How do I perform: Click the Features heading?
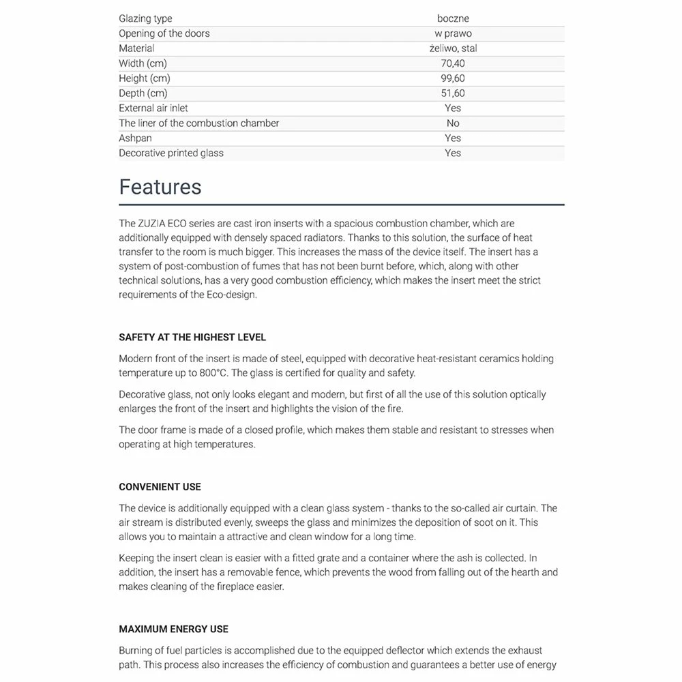(160, 187)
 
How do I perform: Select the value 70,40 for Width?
(453, 63)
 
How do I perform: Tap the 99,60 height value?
(453, 78)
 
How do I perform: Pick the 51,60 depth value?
(453, 93)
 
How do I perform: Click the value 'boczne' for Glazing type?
(453, 18)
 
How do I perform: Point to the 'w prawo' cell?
(453, 33)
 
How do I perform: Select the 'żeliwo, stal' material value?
(453, 48)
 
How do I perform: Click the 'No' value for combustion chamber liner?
(453, 123)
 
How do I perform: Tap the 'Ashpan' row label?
(135, 138)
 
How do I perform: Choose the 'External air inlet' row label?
(153, 108)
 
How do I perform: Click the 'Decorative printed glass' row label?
(171, 153)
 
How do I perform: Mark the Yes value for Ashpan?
(453, 138)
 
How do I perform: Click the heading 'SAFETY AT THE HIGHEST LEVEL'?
(192, 338)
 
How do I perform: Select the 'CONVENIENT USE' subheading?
(160, 487)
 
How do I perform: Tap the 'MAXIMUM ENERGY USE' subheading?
(173, 629)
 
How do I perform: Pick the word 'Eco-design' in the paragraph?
(232, 295)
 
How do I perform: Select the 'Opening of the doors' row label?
(164, 33)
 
